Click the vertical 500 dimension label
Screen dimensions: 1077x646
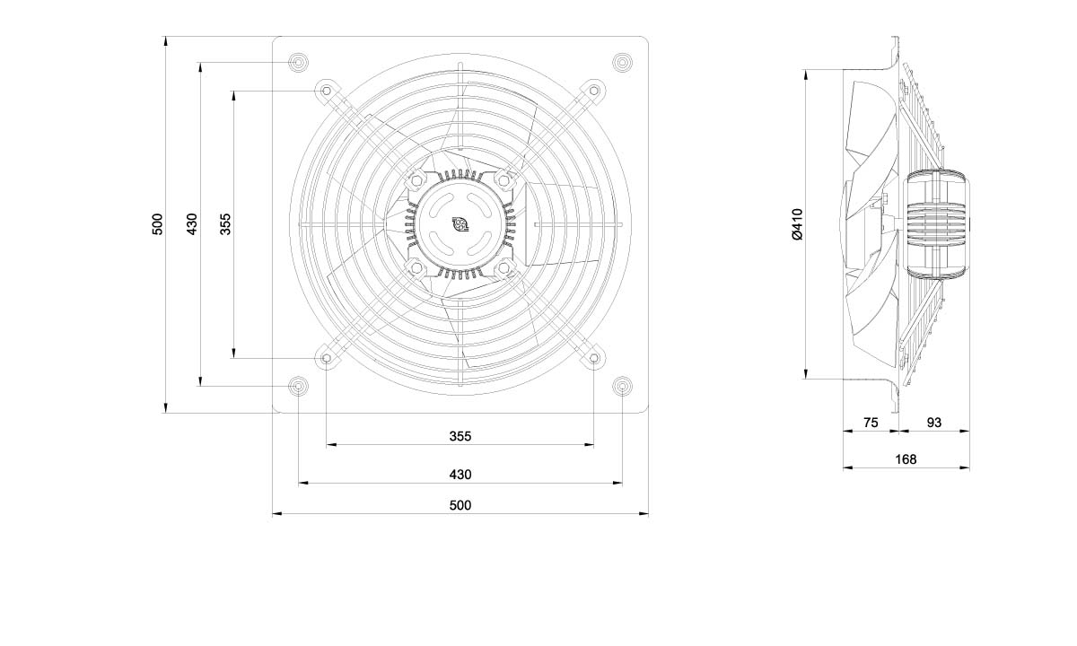[158, 224]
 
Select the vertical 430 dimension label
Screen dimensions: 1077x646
[192, 224]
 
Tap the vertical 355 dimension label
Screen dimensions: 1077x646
[225, 224]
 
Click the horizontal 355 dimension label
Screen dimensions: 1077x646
[460, 436]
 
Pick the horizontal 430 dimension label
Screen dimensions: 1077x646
[460, 475]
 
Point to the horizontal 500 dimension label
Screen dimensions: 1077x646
[460, 505]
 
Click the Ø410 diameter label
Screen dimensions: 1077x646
[797, 224]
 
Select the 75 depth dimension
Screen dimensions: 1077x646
[871, 423]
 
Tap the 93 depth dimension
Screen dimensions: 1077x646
[933, 423]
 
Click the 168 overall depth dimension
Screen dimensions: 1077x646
[906, 459]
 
